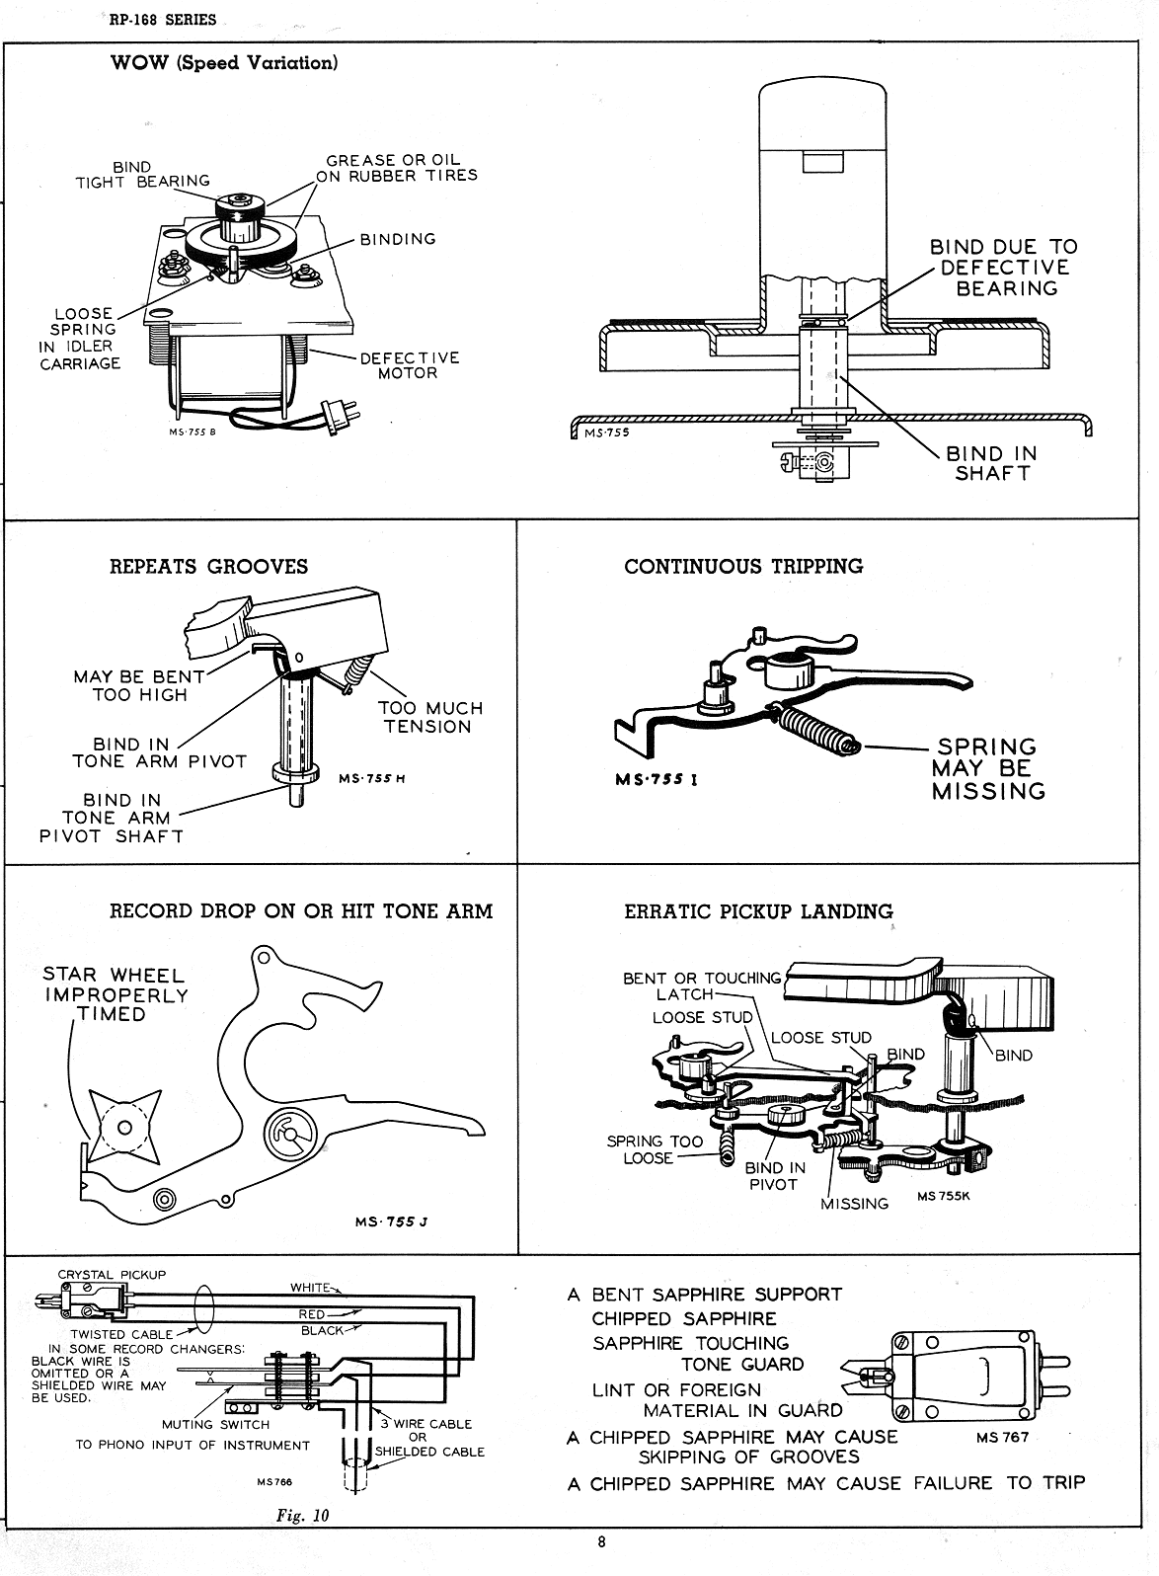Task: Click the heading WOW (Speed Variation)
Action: pos(224,63)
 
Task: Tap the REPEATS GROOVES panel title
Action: pos(208,567)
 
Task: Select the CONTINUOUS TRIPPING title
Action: pos(743,567)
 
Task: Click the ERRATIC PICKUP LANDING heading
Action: pos(758,911)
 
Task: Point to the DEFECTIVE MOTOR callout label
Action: pos(409,365)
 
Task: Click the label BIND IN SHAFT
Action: pos(991,463)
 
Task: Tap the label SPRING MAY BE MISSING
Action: pos(987,768)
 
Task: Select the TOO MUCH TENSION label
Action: pos(429,717)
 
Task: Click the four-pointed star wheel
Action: pos(124,1127)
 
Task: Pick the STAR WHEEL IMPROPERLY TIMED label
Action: pos(116,994)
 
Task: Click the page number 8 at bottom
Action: pos(600,1543)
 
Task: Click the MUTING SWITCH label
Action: pos(215,1424)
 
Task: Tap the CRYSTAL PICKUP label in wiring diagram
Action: pos(112,1274)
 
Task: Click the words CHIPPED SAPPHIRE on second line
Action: pos(684,1318)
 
